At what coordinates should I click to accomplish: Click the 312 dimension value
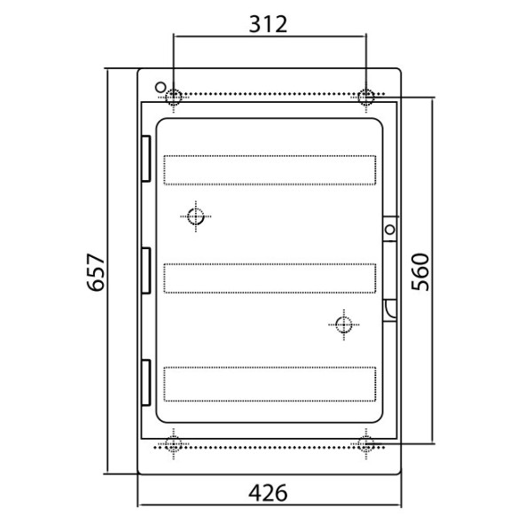268,24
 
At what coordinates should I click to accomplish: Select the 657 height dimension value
96,272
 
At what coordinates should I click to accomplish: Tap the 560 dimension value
420,272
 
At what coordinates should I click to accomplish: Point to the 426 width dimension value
268,493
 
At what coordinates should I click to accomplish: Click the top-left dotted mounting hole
174,97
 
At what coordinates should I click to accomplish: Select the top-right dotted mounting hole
365,97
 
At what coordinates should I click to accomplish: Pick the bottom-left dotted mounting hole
174,444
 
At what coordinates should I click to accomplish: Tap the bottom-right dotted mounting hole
365,444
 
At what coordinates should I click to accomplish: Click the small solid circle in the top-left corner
160,87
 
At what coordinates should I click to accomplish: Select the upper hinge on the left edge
146,159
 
